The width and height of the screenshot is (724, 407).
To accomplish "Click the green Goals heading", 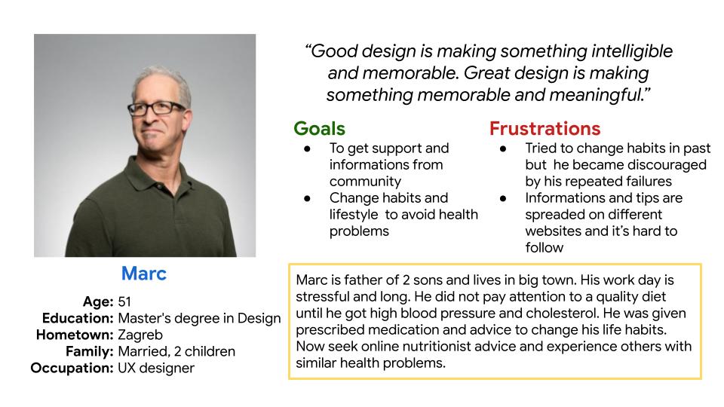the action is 319,129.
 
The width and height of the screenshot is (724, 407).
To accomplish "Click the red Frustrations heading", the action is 545,129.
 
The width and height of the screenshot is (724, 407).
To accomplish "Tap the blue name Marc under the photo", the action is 143,274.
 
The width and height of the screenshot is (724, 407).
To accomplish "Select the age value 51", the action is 124,301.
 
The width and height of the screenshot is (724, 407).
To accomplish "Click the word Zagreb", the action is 140,335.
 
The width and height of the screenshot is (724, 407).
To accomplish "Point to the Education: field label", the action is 78,318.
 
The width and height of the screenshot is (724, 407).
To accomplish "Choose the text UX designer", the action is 156,369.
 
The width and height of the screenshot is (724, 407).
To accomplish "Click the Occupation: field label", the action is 72,369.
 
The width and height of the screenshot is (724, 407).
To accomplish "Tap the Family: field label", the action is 90,352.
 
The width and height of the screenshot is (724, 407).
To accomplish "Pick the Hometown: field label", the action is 75,335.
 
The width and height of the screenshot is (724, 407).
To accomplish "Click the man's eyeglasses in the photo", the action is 156,109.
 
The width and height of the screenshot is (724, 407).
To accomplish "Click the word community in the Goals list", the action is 365,182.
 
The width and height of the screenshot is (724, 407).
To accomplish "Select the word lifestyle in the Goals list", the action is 354,215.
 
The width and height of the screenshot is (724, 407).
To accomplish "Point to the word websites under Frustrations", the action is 553,231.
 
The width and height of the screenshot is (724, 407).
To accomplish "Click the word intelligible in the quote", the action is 632,51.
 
